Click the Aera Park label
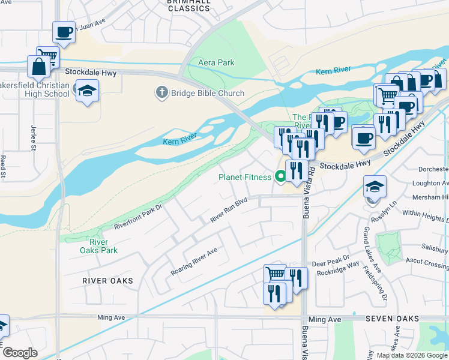click(216, 62)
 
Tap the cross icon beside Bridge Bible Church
click(161, 93)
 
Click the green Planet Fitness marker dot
click(280, 176)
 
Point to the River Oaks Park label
click(95, 246)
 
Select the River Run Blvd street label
click(229, 212)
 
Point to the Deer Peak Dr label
click(327, 263)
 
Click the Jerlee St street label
click(31, 137)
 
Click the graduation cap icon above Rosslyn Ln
click(375, 186)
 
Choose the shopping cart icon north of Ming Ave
click(275, 274)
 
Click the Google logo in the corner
click(20, 353)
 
